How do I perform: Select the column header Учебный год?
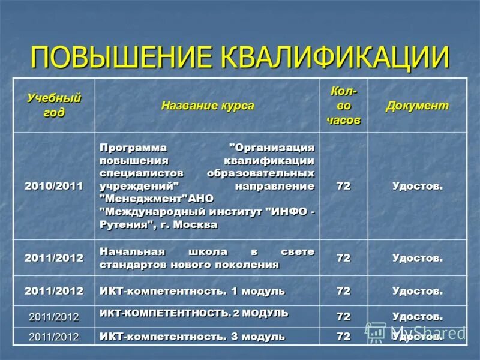point(54,105)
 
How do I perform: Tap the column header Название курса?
point(208,106)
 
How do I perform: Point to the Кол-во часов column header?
point(343,105)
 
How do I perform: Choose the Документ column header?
point(417,106)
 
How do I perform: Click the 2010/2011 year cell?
point(54,186)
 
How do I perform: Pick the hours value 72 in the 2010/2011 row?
point(343,186)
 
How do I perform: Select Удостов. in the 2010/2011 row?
point(417,186)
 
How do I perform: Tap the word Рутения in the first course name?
point(124,225)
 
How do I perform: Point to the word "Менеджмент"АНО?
point(156,199)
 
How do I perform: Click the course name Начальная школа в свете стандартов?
point(207,258)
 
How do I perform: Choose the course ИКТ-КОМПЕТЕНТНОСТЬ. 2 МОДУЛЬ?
point(194,313)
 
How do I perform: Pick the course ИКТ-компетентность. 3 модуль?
point(192,337)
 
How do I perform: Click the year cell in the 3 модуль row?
point(54,337)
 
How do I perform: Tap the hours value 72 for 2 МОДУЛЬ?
point(343,316)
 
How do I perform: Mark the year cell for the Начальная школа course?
point(54,258)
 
